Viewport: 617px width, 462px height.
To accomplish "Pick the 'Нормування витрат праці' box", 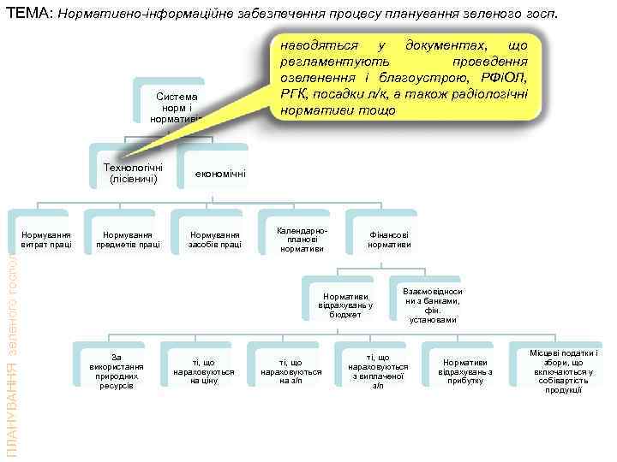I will (46, 240).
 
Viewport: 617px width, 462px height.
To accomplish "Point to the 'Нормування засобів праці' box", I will (215, 240).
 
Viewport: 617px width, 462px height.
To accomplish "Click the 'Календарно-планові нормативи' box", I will (302, 240).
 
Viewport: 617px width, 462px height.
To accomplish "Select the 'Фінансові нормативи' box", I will (389, 240).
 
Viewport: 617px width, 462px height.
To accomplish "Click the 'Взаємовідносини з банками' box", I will (432, 305).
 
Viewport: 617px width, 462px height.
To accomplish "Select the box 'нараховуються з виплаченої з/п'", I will (378, 370).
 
